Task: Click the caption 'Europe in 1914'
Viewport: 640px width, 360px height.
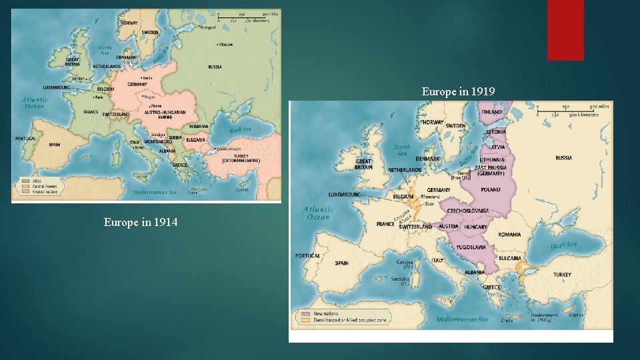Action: click(141, 222)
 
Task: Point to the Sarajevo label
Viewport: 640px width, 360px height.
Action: click(158, 134)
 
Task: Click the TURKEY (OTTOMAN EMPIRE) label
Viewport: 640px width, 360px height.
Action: click(237, 158)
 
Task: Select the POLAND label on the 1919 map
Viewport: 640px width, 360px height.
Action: click(491, 189)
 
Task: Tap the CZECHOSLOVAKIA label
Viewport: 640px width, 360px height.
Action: click(469, 210)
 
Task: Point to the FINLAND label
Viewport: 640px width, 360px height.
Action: click(491, 113)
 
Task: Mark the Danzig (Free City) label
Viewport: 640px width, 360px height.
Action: click(461, 175)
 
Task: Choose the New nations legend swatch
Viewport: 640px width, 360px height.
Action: click(305, 313)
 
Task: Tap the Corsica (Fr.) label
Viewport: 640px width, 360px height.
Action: click(405, 263)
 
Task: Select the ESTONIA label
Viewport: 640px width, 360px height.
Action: click(496, 132)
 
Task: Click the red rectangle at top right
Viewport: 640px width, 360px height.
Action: click(565, 30)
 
